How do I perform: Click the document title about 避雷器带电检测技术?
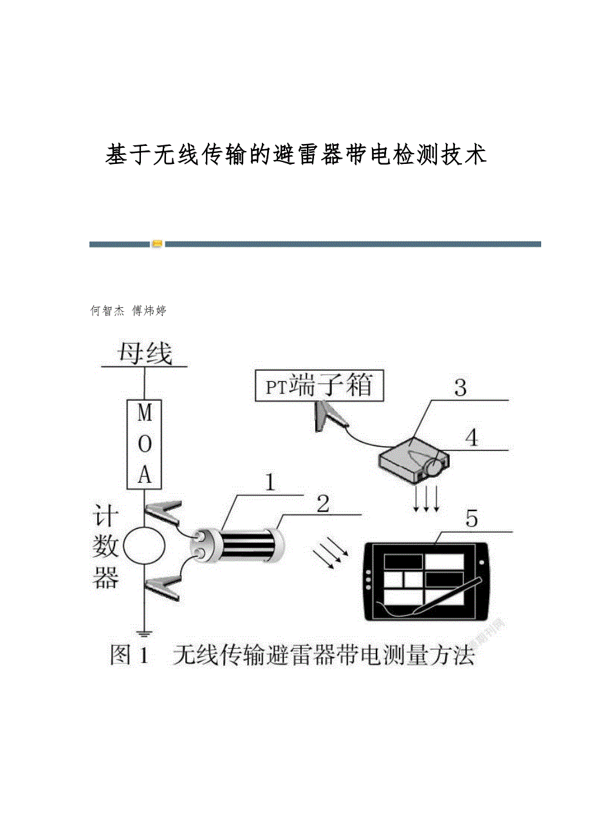point(295,155)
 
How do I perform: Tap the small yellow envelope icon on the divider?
point(157,244)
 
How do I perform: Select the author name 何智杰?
point(107,310)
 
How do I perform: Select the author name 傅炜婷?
point(149,310)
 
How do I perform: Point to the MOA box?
point(144,444)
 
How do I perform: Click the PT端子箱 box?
point(319,386)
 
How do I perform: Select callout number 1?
point(270,482)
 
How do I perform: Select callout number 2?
point(323,503)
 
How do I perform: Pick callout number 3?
point(460,388)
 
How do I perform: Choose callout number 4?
point(472,438)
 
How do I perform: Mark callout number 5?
point(472,519)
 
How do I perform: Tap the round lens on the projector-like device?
point(434,467)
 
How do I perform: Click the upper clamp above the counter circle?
point(163,514)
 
